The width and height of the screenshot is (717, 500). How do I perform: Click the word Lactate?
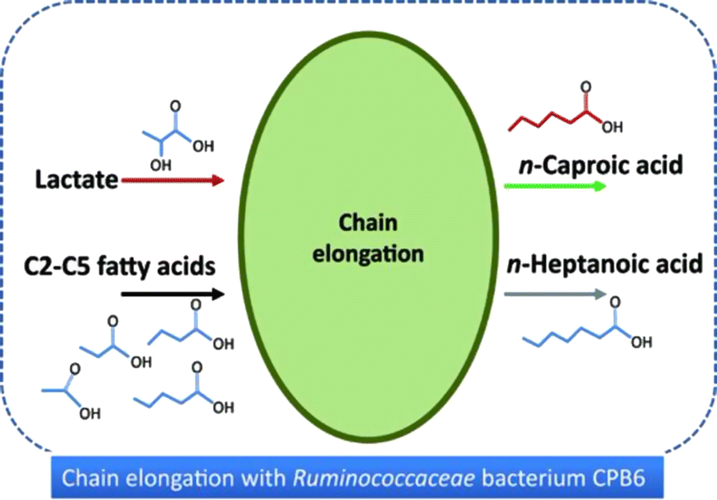tap(77, 181)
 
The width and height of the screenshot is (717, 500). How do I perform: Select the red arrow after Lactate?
tap(172, 181)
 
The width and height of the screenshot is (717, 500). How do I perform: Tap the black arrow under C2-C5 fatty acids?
tap(172, 294)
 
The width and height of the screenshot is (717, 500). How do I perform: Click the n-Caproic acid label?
tap(594, 166)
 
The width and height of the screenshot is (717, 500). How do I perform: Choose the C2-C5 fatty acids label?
tap(125, 265)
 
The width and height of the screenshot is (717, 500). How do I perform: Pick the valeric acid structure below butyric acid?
tap(184, 390)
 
